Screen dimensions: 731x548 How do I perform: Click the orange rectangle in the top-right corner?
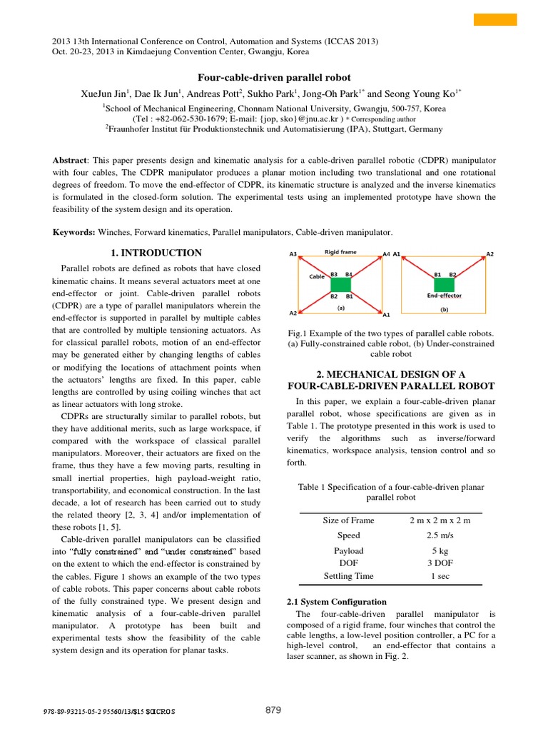coord(495,19)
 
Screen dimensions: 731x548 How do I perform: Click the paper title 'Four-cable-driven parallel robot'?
coord(274,77)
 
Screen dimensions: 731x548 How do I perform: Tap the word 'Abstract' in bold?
coord(69,161)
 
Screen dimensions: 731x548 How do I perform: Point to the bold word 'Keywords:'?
coord(74,232)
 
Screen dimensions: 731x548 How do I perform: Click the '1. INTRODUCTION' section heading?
coord(157,253)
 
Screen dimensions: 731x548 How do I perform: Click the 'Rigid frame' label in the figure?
coord(340,252)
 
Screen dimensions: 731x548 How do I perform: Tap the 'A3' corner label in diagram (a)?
coord(293,253)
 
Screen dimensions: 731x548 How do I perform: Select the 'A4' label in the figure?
coord(386,253)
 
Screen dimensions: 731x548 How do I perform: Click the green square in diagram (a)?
coord(340,284)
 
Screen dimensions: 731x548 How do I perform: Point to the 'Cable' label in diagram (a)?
coord(317,276)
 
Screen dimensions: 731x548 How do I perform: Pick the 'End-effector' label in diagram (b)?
coord(444,296)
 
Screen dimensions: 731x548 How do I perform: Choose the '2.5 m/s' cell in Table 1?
coord(440,535)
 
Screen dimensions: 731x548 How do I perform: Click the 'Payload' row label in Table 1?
coord(348,551)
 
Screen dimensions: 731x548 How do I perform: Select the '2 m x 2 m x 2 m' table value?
coord(440,520)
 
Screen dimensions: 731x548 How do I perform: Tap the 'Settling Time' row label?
coord(348,576)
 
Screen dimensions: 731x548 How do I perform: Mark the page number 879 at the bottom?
coord(273,710)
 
